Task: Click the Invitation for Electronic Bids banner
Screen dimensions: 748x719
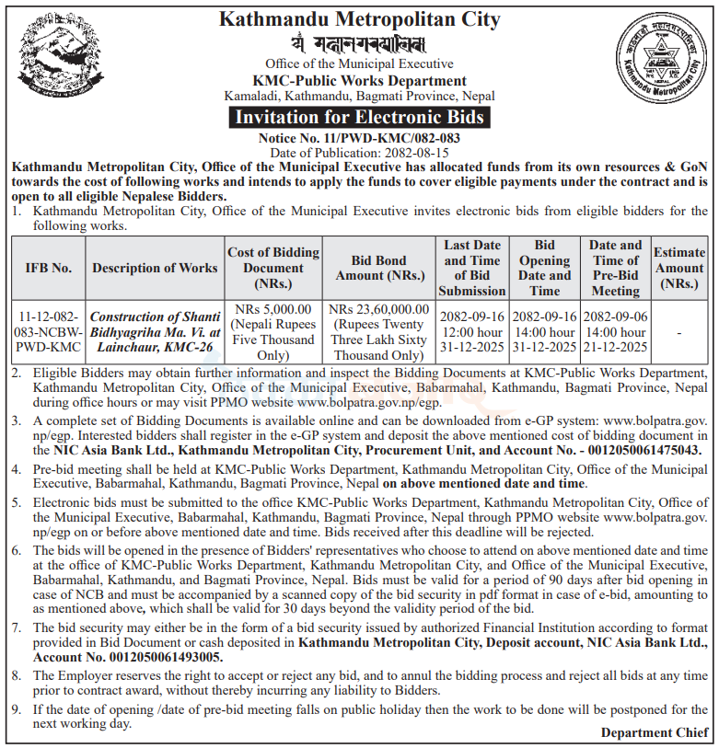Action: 359,117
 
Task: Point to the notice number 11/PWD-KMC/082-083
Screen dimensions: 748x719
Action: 359,137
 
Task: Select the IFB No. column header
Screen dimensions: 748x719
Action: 48,268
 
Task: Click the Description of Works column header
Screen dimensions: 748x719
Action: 156,268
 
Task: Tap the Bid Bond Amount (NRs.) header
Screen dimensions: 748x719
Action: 379,268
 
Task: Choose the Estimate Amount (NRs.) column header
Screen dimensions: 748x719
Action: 679,268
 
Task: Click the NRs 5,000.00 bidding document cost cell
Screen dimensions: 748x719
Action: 273,331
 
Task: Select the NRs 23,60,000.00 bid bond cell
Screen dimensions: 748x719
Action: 379,331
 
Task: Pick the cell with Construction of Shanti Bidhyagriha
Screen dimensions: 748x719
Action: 156,331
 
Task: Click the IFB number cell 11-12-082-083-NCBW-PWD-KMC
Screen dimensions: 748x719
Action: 48,331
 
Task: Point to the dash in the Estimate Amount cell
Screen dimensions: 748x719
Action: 679,331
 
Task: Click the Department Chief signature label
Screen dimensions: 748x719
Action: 655,732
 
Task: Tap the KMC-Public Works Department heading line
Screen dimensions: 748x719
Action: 359,81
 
